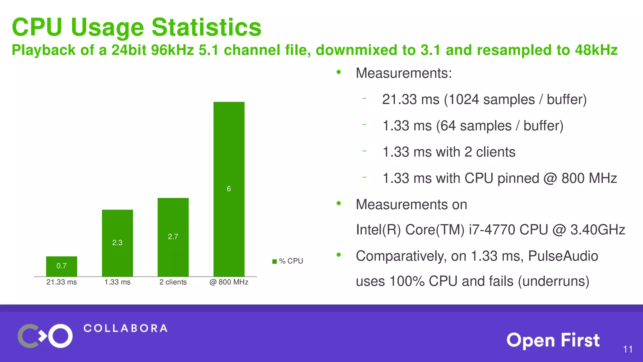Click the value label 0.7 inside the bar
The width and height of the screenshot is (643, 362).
pyautogui.click(x=62, y=266)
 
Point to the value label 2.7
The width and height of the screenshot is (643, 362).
pyautogui.click(x=173, y=237)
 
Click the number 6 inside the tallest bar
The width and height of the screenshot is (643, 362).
pyautogui.click(x=229, y=189)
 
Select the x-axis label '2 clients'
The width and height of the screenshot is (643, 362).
pyautogui.click(x=173, y=282)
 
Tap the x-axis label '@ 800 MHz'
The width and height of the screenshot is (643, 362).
pyautogui.click(x=229, y=282)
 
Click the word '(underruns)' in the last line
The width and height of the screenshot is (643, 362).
pyautogui.click(x=554, y=281)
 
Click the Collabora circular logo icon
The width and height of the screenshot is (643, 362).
pyautogui.click(x=45, y=336)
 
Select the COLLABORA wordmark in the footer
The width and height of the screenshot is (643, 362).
pyautogui.click(x=126, y=328)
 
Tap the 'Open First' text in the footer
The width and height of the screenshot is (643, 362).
pyautogui.click(x=553, y=340)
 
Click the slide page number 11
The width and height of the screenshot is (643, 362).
pyautogui.click(x=628, y=349)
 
